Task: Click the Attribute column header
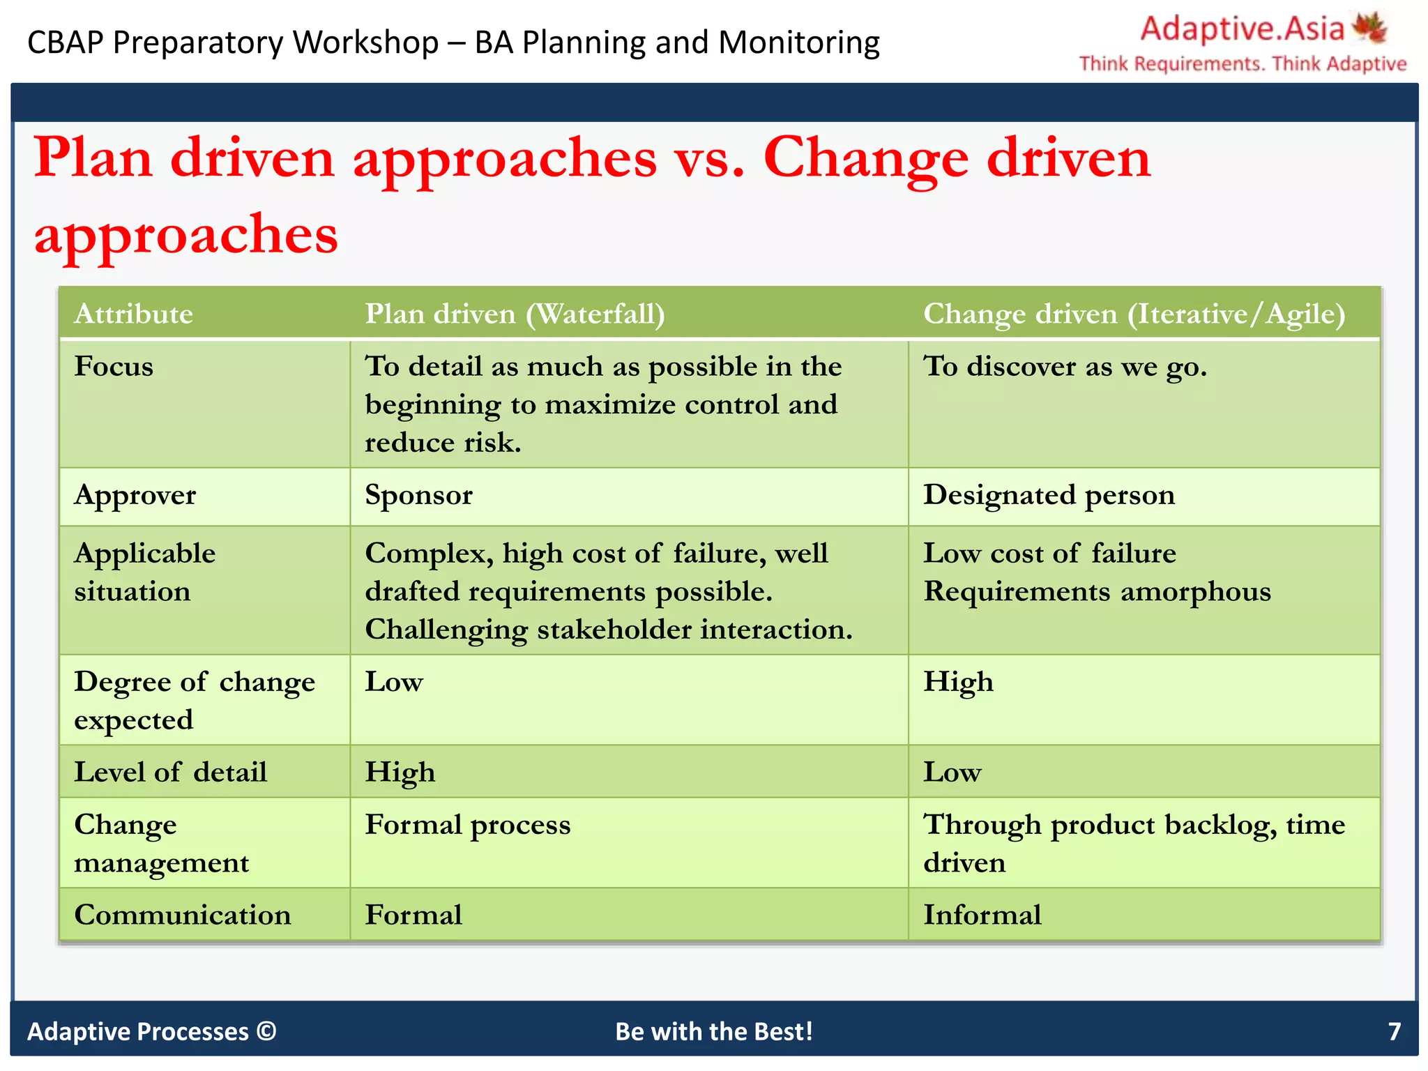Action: tap(133, 314)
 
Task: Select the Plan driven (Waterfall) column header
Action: tap(515, 314)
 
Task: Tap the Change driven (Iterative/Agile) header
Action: tap(1134, 314)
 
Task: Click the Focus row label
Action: tap(114, 366)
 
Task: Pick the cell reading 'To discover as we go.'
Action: tap(1065, 366)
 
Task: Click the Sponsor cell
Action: tap(418, 495)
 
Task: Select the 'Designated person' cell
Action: tap(1049, 495)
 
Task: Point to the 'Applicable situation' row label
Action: tap(145, 572)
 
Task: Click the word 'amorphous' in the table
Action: tap(1195, 591)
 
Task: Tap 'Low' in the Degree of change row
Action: tap(394, 682)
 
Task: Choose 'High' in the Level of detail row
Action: tap(400, 773)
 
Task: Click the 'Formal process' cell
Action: tap(468, 825)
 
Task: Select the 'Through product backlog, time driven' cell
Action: tap(1134, 843)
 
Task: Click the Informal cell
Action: tap(982, 915)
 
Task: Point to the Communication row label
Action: tap(183, 915)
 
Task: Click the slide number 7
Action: tap(1394, 1031)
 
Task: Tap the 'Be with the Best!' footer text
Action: tap(714, 1031)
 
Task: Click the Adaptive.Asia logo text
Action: tap(1242, 29)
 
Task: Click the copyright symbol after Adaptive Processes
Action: tap(266, 1031)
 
